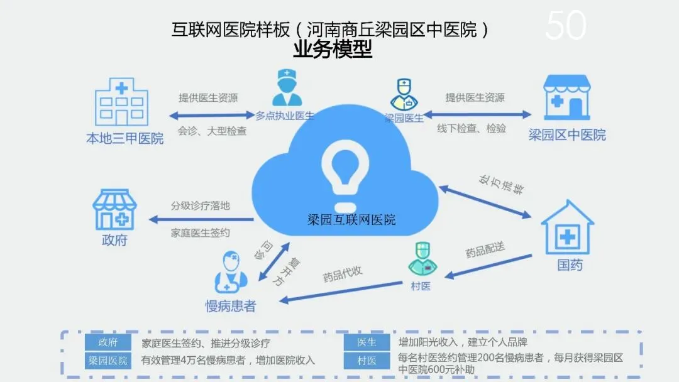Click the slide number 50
point(565,26)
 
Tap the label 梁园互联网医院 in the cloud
point(351,220)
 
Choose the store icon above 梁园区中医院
point(567,97)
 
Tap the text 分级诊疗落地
point(201,205)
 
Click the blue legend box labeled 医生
point(367,342)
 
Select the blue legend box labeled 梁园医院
point(108,361)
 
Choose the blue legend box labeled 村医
point(367,361)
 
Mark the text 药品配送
point(485,250)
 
